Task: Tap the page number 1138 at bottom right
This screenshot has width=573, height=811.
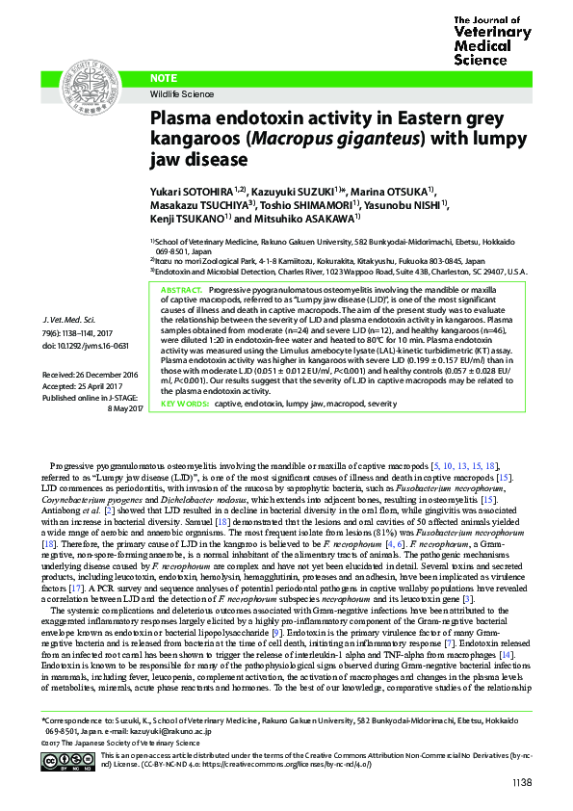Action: pos(521,782)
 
